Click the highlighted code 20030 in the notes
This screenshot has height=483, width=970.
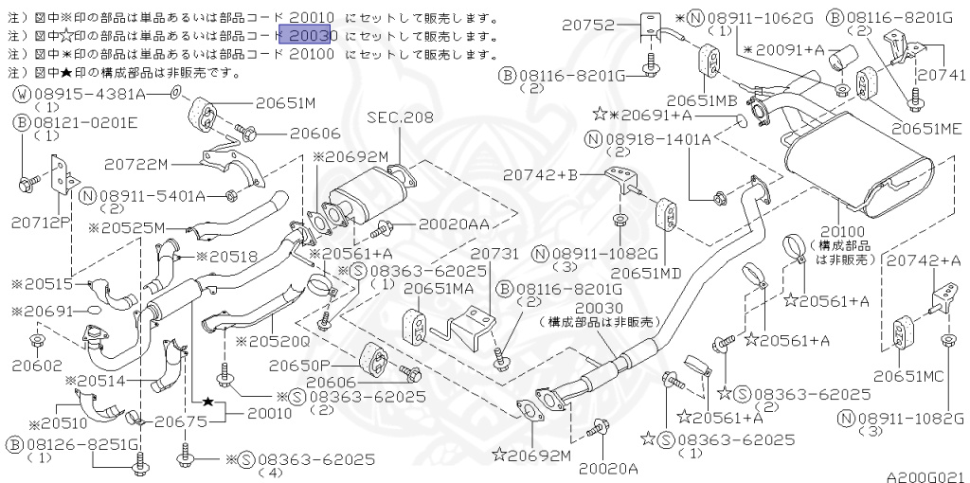pos(310,36)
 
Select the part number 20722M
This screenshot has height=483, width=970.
pos(164,165)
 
